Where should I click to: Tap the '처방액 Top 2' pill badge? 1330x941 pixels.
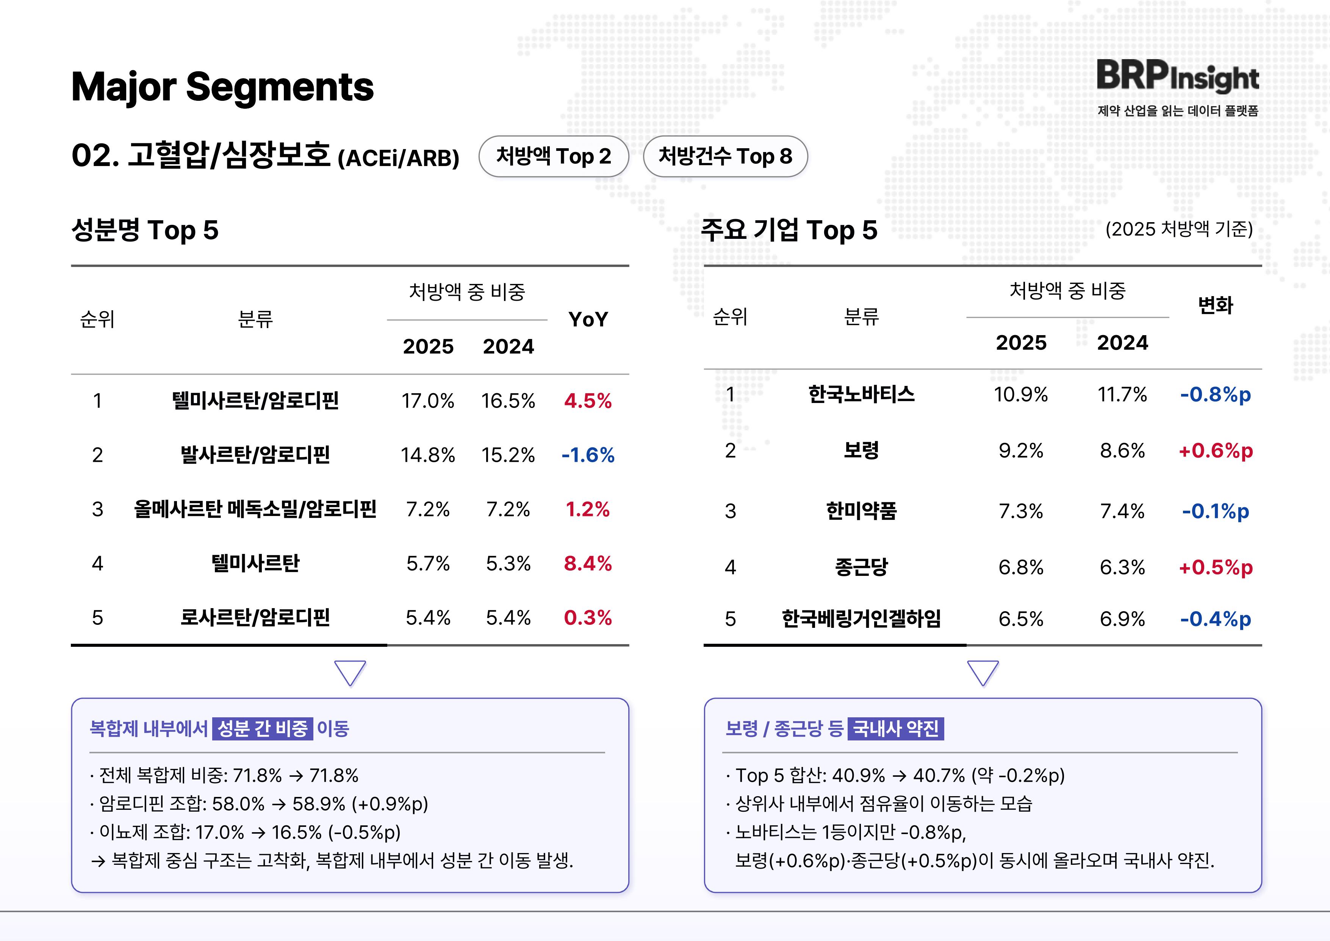coord(553,157)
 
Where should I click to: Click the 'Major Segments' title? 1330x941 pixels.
coord(222,87)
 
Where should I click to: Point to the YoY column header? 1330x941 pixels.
coord(588,319)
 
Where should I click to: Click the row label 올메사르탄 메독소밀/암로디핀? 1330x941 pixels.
coord(255,509)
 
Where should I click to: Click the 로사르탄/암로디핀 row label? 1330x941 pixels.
coord(255,618)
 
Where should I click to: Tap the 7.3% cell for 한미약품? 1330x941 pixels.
coord(1021,511)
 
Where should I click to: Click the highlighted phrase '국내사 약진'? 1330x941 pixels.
coord(895,728)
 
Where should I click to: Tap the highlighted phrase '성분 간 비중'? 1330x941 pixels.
coord(263,728)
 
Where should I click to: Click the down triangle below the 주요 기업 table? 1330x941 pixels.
coord(983,673)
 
